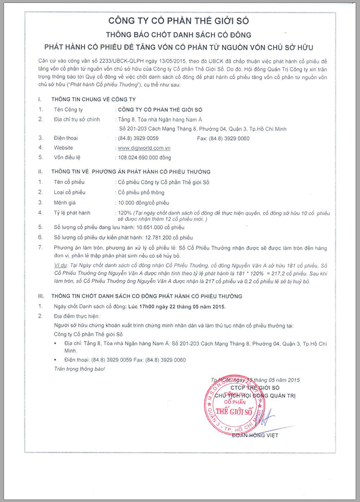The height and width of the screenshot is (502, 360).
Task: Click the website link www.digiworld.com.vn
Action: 145,147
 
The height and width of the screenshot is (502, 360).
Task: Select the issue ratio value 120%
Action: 124,212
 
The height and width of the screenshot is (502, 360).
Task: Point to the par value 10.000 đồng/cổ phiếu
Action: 145,202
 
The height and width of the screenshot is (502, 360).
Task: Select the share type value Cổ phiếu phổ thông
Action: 141,192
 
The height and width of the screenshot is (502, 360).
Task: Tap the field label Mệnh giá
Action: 65,202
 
